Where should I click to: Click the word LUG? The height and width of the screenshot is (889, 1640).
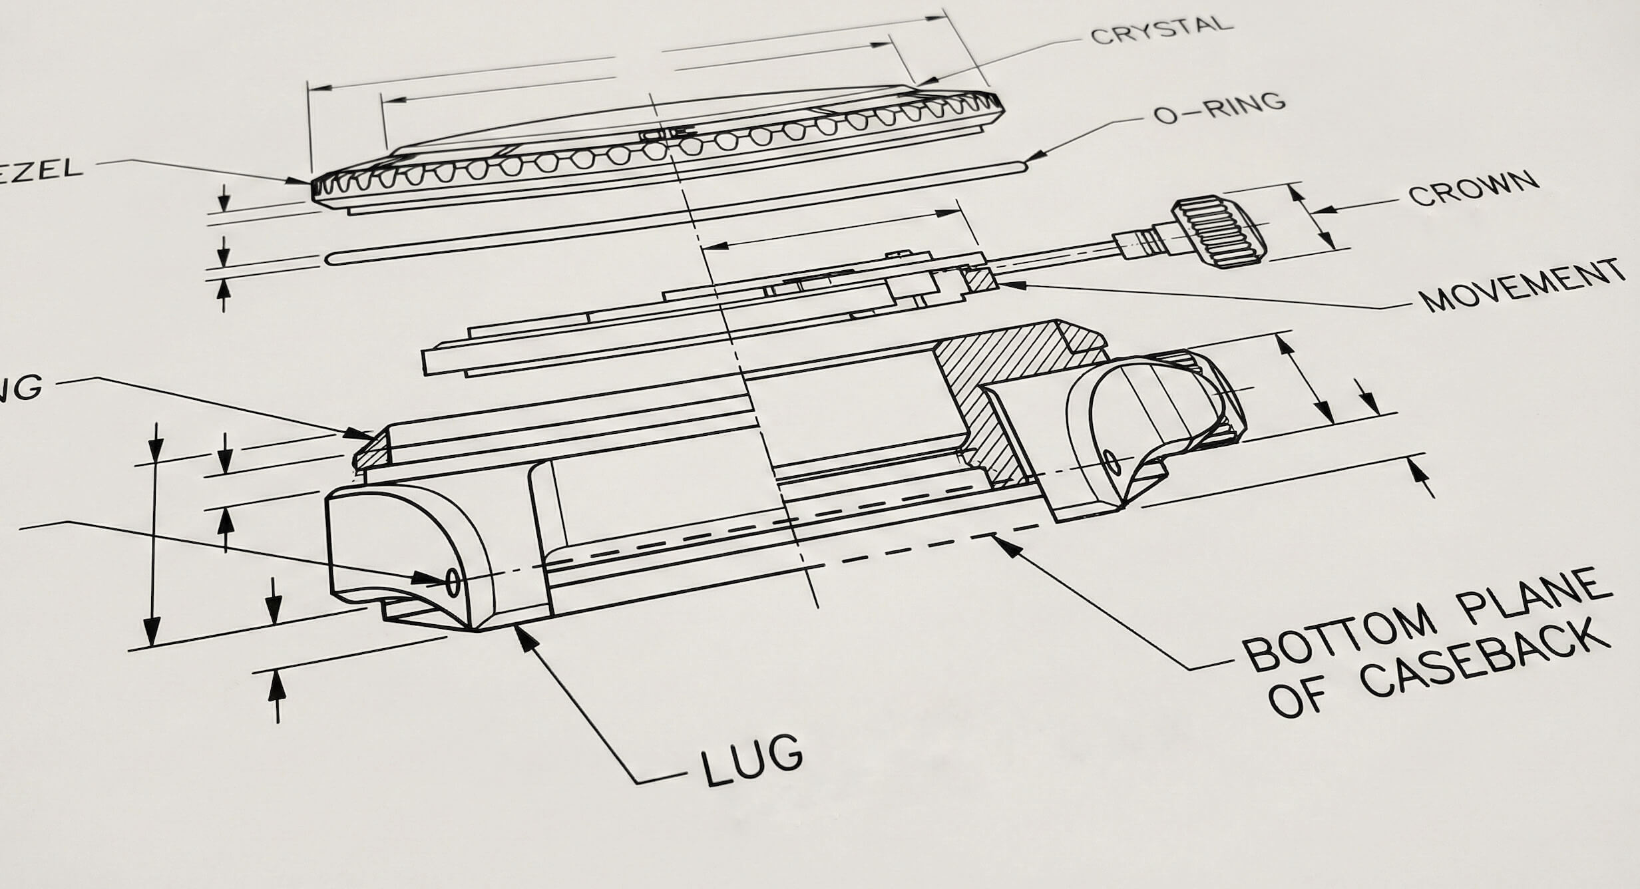point(751,760)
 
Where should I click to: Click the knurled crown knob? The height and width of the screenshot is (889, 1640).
point(1218,232)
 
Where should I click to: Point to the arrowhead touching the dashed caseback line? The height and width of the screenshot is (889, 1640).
point(1004,544)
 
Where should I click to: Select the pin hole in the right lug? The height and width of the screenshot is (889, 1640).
point(1110,460)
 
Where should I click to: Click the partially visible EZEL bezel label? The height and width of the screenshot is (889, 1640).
point(40,169)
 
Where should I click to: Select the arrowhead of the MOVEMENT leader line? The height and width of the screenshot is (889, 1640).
point(1006,285)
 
